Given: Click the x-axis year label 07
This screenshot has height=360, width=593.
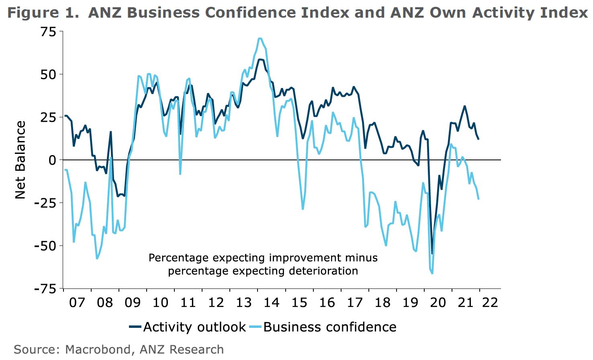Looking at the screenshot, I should click(77, 302).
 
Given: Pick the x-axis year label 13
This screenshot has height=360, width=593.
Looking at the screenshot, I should click(244, 302).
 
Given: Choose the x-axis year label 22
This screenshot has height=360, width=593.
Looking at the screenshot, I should click(491, 302).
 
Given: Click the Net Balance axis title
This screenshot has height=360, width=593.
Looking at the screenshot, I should click(20, 160).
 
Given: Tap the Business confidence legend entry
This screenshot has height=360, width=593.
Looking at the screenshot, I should click(329, 327).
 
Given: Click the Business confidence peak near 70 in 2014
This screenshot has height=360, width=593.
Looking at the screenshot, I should click(260, 39).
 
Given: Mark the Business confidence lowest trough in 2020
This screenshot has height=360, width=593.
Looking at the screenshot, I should click(432, 273).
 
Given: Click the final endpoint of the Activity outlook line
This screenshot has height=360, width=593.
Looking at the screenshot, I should click(478, 139).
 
